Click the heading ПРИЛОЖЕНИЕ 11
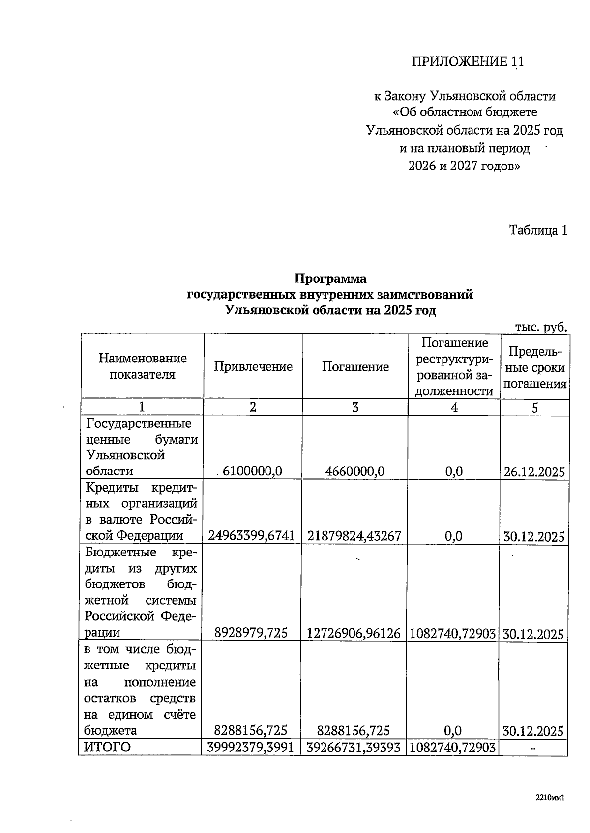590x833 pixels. click(x=468, y=62)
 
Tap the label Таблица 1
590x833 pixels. click(x=538, y=230)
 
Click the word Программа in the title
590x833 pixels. click(x=330, y=278)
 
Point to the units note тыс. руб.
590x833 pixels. click(x=540, y=327)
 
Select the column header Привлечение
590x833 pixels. click(x=253, y=366)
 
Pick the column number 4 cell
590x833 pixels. click(x=454, y=407)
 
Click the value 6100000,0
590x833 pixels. click(x=252, y=472)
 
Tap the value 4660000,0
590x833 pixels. click(x=354, y=472)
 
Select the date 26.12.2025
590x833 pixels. click(x=534, y=472)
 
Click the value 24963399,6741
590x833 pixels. click(x=251, y=536)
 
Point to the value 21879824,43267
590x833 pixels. click(x=354, y=536)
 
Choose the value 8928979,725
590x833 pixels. click(x=251, y=633)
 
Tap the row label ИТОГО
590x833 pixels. click(x=108, y=747)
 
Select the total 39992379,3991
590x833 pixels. click(x=251, y=748)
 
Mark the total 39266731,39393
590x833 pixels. click(x=354, y=748)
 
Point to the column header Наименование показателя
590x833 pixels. click(x=143, y=366)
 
